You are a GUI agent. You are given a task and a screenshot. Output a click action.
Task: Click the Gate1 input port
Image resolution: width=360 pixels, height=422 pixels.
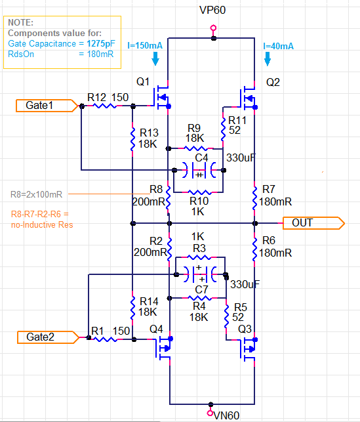(47, 106)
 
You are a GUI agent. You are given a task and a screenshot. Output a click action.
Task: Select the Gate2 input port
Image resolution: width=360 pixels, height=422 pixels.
(48, 337)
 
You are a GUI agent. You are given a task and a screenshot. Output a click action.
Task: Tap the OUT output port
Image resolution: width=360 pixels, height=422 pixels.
(313, 223)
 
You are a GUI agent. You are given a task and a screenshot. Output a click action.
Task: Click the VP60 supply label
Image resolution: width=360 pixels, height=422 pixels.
(212, 11)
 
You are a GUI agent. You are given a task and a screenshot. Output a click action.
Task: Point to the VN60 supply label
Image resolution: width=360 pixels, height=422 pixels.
(226, 415)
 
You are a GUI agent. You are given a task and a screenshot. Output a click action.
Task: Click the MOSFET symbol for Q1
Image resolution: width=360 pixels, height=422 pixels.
(162, 97)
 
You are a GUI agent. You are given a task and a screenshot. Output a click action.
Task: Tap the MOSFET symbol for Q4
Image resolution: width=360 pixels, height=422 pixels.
(163, 348)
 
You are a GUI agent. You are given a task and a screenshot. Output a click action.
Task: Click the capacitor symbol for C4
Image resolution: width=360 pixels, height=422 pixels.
(199, 170)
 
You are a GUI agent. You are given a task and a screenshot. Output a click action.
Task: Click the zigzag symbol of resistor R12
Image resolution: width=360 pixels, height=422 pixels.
(105, 106)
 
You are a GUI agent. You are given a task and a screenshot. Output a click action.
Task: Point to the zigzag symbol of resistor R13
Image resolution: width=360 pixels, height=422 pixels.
(132, 139)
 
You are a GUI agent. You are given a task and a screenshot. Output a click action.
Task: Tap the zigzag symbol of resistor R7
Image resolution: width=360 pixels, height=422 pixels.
(254, 198)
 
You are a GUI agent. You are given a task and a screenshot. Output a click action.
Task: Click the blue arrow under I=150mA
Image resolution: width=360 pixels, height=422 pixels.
(155, 58)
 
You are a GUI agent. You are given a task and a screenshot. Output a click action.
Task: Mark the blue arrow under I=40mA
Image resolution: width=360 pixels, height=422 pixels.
(268, 58)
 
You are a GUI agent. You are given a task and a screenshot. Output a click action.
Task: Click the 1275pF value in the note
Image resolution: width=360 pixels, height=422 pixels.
(101, 43)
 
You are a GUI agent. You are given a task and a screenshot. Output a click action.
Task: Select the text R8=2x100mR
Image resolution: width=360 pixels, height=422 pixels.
(36, 194)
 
